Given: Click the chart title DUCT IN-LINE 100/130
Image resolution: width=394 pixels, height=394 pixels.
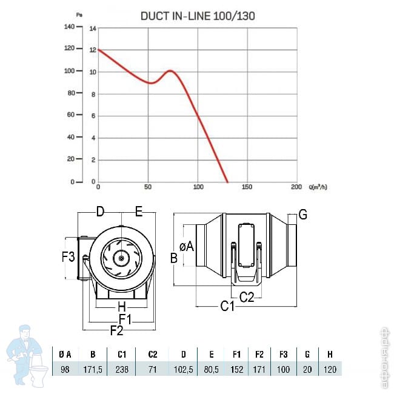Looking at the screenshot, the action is [x=198, y=16].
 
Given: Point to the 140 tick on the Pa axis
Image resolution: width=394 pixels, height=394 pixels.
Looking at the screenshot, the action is [x=69, y=27].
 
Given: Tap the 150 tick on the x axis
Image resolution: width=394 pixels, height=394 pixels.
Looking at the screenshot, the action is [x=247, y=187].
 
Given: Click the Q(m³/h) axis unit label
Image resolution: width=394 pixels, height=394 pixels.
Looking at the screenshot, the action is [x=318, y=187].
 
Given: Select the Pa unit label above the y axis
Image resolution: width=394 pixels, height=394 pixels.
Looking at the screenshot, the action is [x=79, y=15].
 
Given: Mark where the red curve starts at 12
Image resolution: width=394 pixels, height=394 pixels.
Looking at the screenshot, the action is [x=98, y=50].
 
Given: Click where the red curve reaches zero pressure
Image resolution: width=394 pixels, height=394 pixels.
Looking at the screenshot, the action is [x=227, y=182].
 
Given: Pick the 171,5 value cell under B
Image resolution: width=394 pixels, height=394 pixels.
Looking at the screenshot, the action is [x=93, y=369].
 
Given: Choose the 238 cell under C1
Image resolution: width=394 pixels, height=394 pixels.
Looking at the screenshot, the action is [x=122, y=369].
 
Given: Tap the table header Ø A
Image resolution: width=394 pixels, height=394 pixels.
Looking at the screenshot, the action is [x=65, y=355].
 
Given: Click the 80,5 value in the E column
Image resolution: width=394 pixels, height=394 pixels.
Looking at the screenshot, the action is [x=211, y=369].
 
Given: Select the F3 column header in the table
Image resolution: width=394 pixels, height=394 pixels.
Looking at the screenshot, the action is [x=284, y=355].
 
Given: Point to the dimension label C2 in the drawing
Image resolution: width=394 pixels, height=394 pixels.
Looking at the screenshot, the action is [x=247, y=297].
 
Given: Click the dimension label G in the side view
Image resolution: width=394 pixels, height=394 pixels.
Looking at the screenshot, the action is [x=303, y=215].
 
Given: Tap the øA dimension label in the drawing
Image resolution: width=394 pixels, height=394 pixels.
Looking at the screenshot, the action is [x=187, y=246].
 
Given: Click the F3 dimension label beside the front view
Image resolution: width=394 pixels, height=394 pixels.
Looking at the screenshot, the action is [x=68, y=257].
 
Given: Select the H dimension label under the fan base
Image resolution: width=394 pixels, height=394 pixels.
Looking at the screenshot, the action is [x=122, y=307].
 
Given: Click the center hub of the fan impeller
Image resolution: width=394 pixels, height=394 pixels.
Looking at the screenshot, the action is [x=121, y=258].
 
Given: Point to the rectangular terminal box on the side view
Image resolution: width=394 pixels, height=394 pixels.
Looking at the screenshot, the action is [x=246, y=245].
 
